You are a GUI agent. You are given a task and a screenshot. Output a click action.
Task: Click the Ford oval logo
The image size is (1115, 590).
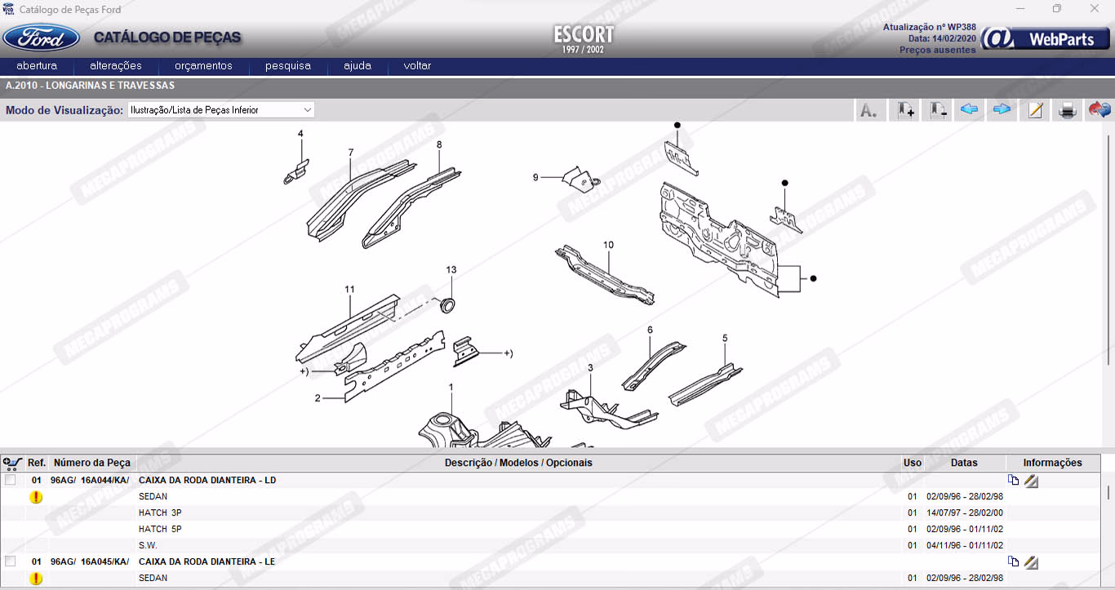[42, 38]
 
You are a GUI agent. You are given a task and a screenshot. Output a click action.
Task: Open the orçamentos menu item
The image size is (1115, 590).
[203, 65]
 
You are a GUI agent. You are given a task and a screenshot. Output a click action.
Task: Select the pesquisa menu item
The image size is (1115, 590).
[287, 65]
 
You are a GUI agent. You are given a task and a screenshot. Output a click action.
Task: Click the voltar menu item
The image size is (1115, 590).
[417, 65]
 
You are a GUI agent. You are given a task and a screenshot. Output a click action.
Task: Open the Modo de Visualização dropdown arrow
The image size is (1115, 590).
[307, 110]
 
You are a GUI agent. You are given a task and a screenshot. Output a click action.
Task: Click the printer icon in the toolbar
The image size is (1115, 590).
[1067, 110]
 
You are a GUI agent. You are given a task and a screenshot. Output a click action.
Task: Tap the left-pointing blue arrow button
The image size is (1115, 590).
[969, 109]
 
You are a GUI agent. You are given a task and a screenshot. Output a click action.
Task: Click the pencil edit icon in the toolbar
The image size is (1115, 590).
[1035, 110]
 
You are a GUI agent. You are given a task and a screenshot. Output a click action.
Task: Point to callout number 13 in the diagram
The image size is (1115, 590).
[451, 269]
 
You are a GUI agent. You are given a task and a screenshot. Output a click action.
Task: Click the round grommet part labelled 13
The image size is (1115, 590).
[447, 305]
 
